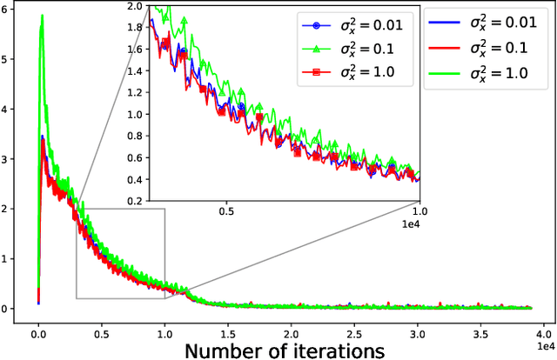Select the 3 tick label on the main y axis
coord(9,160)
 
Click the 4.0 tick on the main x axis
coord(544,333)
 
